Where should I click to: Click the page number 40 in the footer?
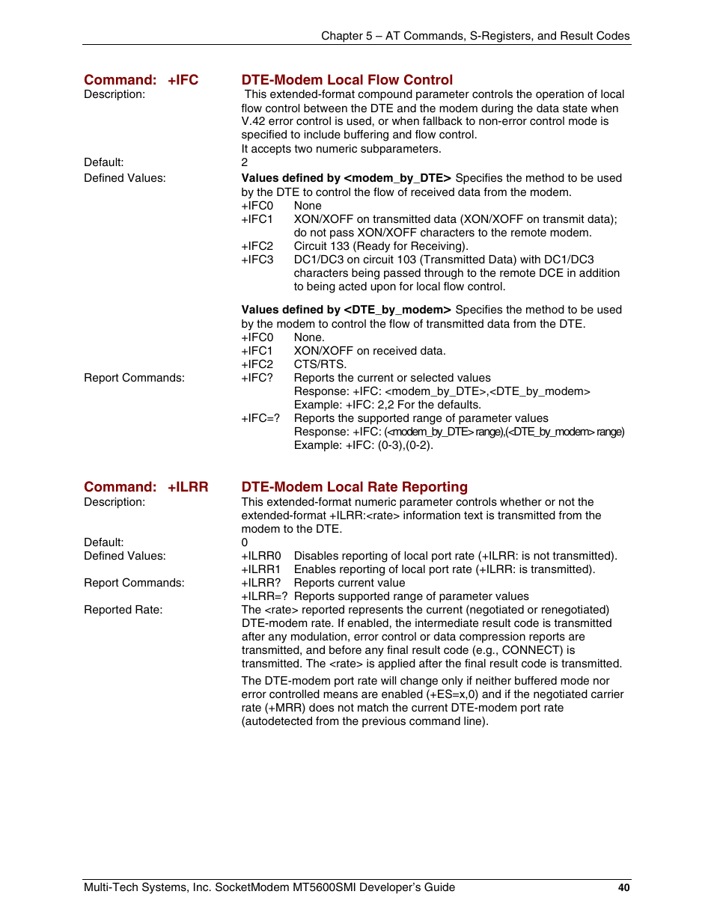point(623,887)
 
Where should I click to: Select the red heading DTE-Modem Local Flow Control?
point(347,80)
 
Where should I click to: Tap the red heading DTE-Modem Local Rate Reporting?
point(354,487)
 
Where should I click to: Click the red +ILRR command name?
point(188,487)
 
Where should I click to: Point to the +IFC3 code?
point(257,260)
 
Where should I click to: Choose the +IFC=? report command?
point(260,418)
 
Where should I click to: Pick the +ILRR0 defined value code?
point(261,556)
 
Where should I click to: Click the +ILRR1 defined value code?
point(261,569)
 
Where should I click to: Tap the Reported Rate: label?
point(123,610)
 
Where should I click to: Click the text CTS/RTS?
point(320,364)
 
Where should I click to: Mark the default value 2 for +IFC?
point(245,162)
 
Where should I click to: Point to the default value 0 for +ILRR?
point(245,542)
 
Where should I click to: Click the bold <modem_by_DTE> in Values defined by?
point(397,178)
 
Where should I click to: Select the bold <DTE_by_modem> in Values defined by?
point(397,310)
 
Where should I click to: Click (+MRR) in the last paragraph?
point(285,708)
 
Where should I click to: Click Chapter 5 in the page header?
point(347,36)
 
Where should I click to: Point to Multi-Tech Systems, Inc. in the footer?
point(147,887)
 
